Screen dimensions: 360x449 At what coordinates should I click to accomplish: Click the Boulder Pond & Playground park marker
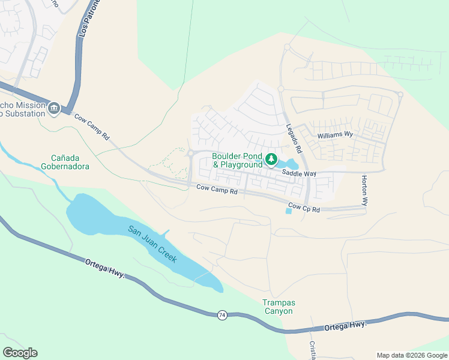coord(271,159)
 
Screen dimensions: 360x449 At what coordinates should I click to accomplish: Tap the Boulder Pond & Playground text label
coord(237,160)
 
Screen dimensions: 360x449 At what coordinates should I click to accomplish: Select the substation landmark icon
coord(54,109)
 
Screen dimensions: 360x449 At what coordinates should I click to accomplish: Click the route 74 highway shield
coord(222,315)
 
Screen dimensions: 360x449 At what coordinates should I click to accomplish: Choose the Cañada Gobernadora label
coord(66,162)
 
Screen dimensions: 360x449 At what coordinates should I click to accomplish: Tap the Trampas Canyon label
coord(278,307)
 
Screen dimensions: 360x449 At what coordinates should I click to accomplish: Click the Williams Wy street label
coord(335,135)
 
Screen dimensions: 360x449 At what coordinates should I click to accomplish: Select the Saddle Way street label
coord(300,173)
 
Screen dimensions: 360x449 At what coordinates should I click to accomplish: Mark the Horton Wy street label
coord(364,191)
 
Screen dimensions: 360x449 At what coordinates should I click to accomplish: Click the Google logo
coord(20,353)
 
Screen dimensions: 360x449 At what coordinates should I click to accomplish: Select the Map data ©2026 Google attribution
coord(411,355)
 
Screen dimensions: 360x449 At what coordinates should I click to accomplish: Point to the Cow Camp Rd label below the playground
coord(217,191)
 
